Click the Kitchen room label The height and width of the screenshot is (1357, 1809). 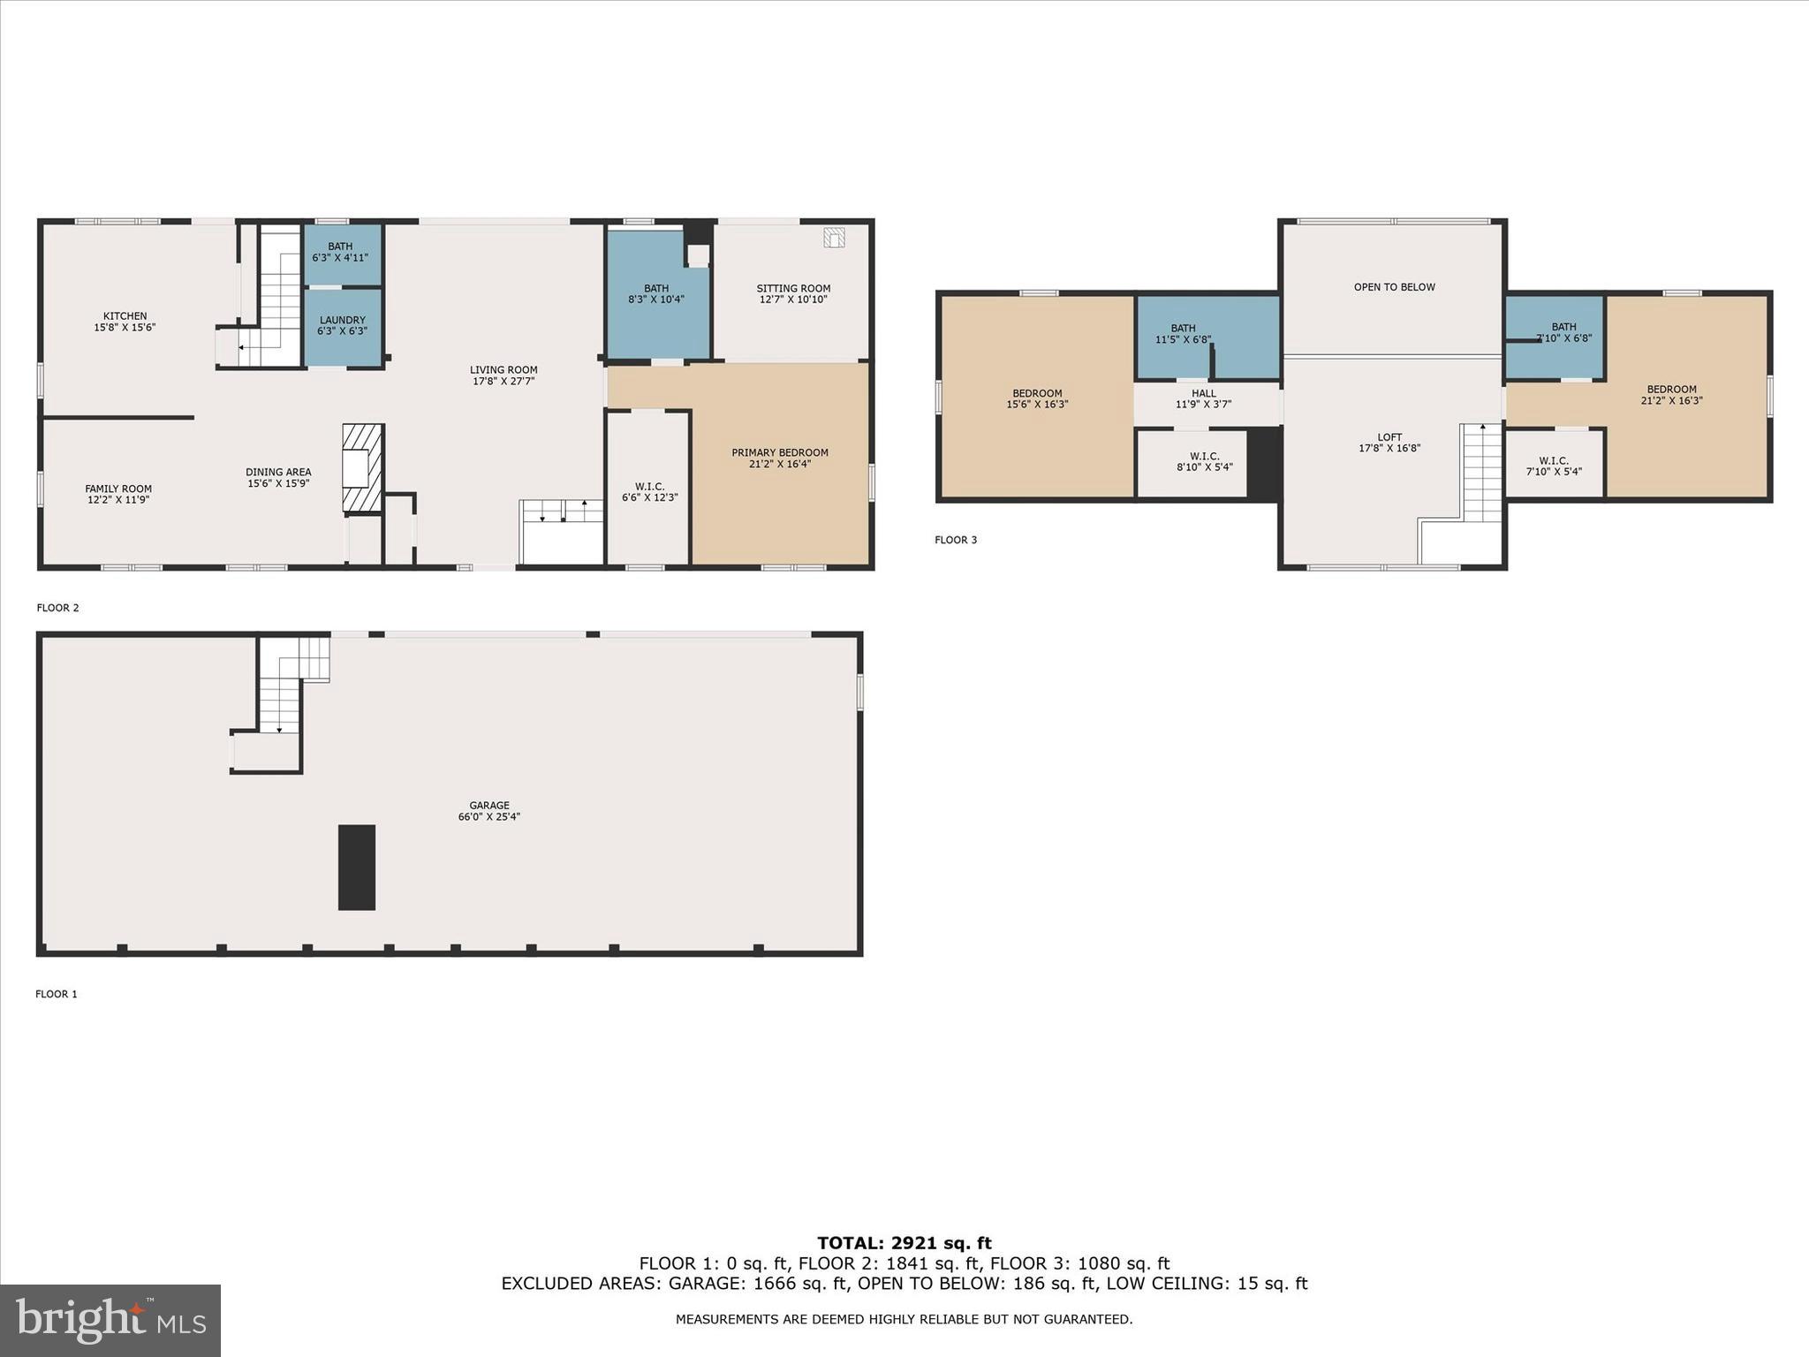pos(125,316)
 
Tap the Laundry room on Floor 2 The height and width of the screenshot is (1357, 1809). pos(343,325)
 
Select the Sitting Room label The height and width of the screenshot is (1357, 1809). pos(793,289)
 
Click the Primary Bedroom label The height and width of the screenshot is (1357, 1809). pos(779,453)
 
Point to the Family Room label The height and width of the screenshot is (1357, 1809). pos(118,489)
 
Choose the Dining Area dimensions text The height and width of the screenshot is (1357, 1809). pos(278,483)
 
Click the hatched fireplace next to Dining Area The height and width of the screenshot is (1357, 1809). pos(363,468)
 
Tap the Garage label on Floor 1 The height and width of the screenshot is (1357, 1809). pos(489,806)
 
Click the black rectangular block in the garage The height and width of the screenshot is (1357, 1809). pos(357,867)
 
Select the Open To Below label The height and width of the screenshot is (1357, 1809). pos(1394,287)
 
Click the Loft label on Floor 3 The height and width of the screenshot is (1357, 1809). pos(1389,437)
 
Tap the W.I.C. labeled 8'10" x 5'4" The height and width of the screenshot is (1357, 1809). pos(1204,461)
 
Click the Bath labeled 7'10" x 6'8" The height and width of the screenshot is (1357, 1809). pos(1563,332)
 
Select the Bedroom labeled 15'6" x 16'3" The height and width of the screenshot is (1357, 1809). pos(1037,398)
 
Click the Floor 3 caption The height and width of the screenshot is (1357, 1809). pos(956,540)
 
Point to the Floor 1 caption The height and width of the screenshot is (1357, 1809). pos(57,994)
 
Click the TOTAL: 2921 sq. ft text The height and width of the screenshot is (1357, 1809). pos(904,1243)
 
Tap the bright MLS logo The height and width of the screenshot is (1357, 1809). pos(110,1320)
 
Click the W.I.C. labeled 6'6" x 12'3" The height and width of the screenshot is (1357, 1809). pos(649,492)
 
